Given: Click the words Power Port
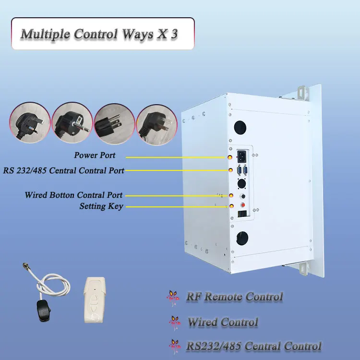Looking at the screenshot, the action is point(95,156).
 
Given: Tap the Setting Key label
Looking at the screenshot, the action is point(101,206).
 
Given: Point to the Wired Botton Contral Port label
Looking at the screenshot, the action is point(73,195).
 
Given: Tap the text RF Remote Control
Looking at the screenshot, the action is point(234,297).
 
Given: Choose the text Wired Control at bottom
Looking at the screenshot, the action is point(222,322).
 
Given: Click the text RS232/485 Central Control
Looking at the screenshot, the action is point(253,346).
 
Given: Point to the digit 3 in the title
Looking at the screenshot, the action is point(174,35).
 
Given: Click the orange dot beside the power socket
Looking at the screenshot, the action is point(230,157).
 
